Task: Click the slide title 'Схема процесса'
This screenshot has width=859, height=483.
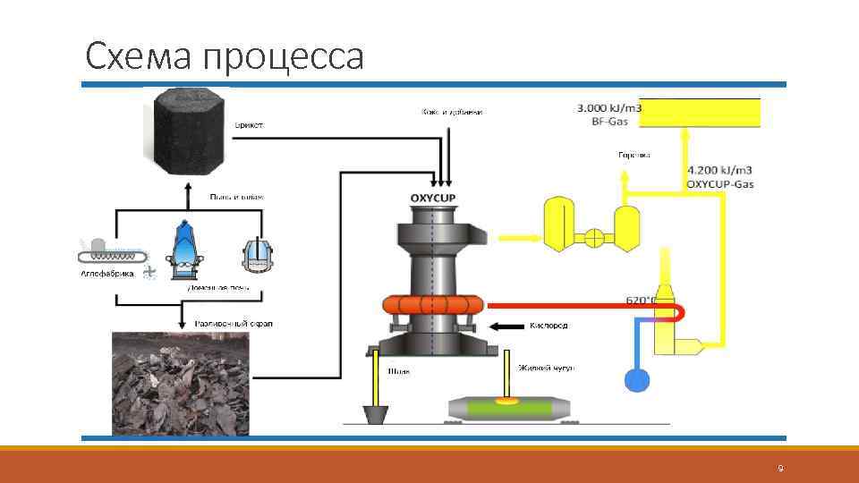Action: pyautogui.click(x=225, y=57)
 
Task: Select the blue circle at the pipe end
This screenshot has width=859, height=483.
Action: pyautogui.click(x=635, y=379)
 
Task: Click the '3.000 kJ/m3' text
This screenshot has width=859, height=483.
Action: pyautogui.click(x=610, y=108)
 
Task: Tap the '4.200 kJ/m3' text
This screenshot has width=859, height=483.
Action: pyautogui.click(x=719, y=169)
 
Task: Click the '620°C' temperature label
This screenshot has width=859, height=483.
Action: pyautogui.click(x=642, y=301)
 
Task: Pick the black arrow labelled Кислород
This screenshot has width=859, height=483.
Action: pyautogui.click(x=510, y=326)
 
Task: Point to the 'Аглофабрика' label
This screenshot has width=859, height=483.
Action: pyautogui.click(x=105, y=275)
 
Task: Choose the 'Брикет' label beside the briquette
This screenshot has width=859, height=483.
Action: pyautogui.click(x=249, y=125)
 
